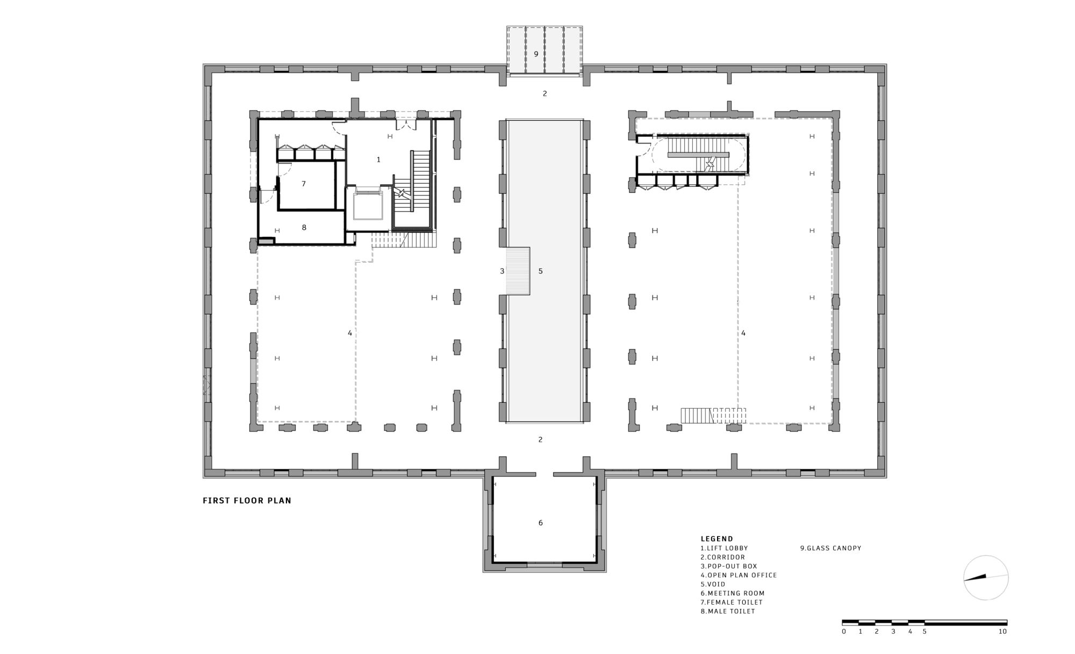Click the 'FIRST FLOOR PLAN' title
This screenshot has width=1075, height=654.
point(247,500)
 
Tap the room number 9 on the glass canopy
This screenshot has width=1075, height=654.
point(536,54)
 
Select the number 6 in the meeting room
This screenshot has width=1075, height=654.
point(541,523)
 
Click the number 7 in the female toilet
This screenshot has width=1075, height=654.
point(304,184)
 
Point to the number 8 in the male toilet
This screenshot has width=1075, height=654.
point(304,228)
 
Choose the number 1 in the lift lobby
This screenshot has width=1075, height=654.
point(378,159)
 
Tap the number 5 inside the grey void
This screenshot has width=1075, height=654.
point(541,271)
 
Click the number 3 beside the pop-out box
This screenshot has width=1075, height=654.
point(502,271)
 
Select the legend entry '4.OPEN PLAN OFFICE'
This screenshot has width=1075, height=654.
point(739,575)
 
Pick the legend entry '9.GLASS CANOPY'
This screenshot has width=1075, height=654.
point(830,548)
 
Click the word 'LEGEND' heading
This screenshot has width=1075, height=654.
point(716,539)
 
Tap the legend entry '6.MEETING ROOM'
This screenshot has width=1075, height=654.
point(732,593)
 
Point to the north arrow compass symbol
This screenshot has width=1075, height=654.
point(986,578)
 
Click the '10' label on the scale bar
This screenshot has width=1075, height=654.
point(1002,631)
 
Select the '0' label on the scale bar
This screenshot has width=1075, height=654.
point(844,631)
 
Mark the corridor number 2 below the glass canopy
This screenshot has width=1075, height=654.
point(544,93)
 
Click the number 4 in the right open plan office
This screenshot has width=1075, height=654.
point(743,333)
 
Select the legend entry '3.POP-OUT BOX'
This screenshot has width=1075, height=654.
point(728,566)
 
